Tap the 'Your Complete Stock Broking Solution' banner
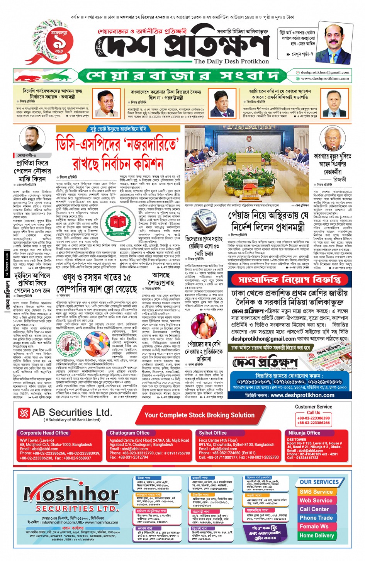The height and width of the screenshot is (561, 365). pyautogui.click(x=199, y=415)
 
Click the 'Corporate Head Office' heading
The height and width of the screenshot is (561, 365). pyautogui.click(x=44, y=433)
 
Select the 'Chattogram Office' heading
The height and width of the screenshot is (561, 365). pyautogui.click(x=129, y=433)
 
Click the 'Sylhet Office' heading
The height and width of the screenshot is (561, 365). pyautogui.click(x=213, y=433)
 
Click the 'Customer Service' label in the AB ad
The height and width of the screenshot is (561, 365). pyautogui.click(x=313, y=407)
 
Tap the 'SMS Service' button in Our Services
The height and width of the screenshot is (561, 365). pyautogui.click(x=316, y=492)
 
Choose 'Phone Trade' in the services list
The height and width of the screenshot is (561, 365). pyautogui.click(x=316, y=518)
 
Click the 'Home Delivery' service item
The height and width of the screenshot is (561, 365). pyautogui.click(x=316, y=535)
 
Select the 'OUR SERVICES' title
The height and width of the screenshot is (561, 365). pyautogui.click(x=319, y=482)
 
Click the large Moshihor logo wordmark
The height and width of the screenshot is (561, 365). pyautogui.click(x=71, y=494)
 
